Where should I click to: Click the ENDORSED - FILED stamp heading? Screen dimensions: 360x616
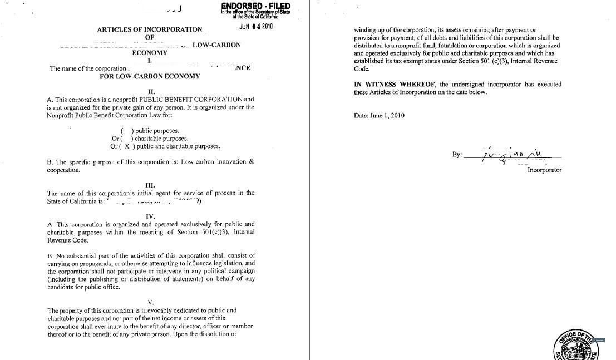(x=255, y=6)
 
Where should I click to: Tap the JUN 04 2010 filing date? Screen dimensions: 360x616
(x=256, y=26)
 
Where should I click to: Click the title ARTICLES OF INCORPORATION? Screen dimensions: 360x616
(x=150, y=29)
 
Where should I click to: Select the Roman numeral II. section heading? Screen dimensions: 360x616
(x=151, y=91)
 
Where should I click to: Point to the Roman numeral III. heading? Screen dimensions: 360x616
(x=150, y=185)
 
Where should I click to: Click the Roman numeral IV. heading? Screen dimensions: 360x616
(x=150, y=216)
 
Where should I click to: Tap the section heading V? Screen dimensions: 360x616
(x=151, y=302)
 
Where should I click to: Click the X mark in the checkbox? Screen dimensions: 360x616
(x=127, y=146)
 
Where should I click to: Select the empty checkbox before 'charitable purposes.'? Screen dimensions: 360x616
(x=126, y=139)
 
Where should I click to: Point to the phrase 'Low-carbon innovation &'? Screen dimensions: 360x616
(x=218, y=162)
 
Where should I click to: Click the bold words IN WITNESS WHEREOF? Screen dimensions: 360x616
(x=395, y=85)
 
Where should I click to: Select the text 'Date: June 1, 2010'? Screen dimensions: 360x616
(x=379, y=116)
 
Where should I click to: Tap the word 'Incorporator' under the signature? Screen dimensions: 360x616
(x=544, y=170)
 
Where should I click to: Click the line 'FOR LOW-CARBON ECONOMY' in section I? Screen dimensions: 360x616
(x=150, y=76)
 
